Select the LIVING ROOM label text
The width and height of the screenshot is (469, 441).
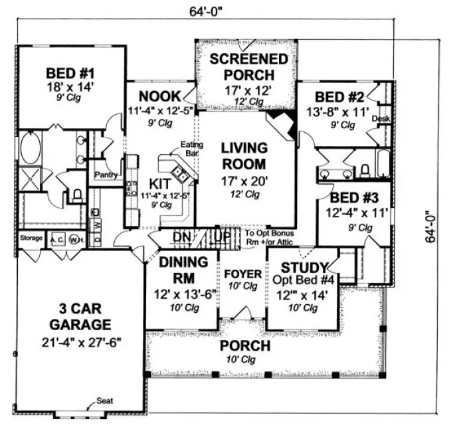244,155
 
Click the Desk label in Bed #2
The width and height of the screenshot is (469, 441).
381,118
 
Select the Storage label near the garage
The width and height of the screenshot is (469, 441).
31,238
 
